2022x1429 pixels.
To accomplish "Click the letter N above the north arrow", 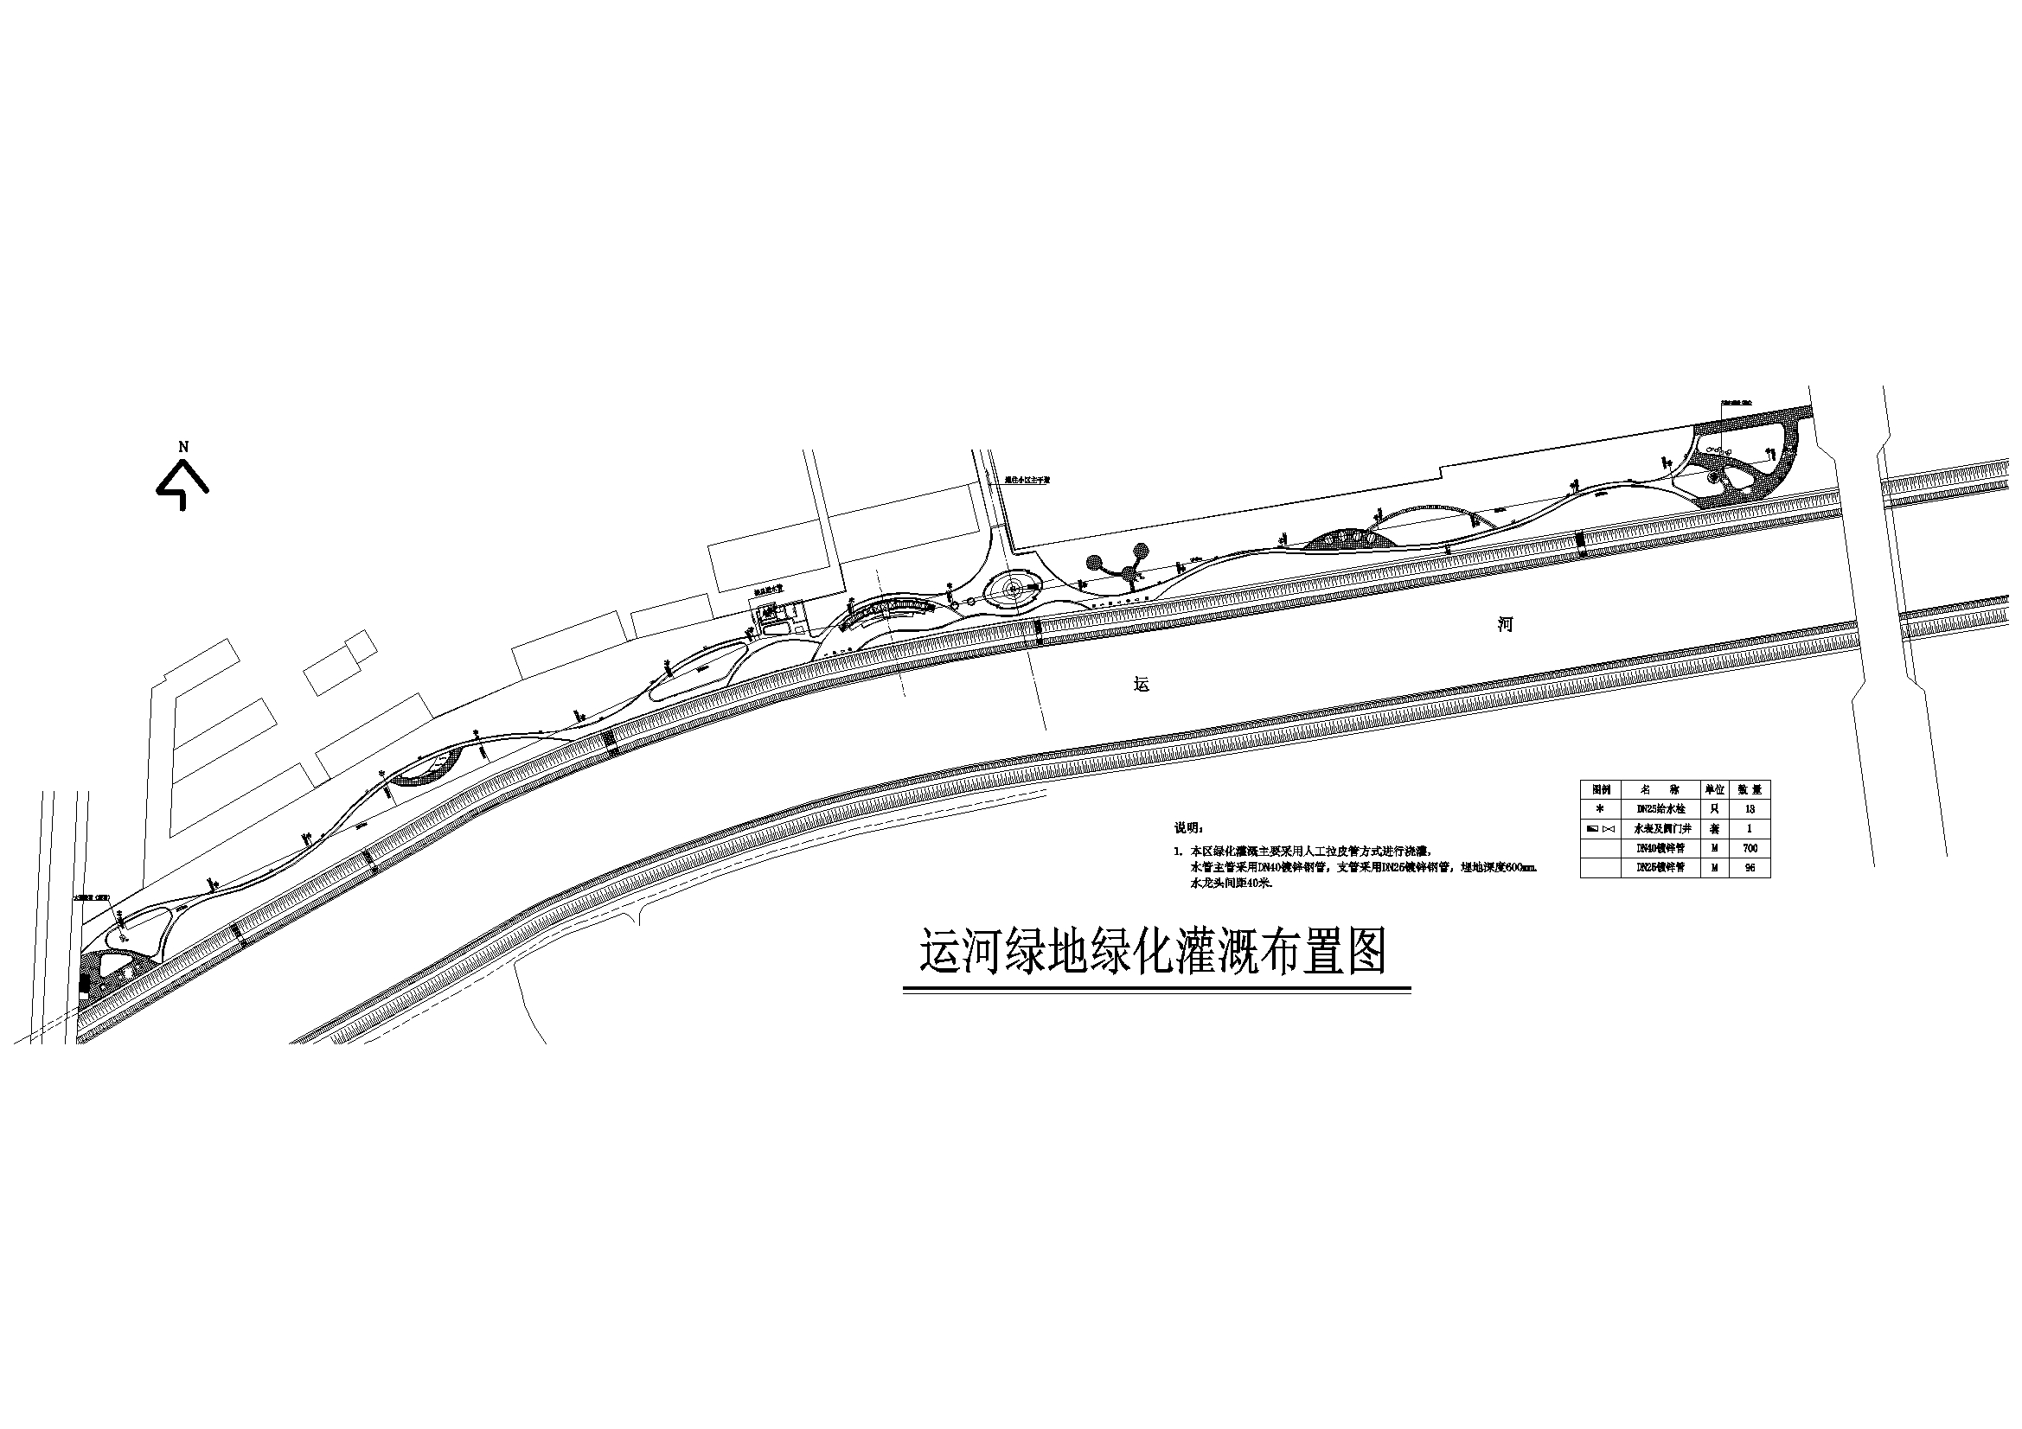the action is pyautogui.click(x=183, y=446).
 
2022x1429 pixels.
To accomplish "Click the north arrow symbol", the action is pyautogui.click(x=182, y=486).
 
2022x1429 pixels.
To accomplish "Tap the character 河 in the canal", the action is pyautogui.click(x=1506, y=625).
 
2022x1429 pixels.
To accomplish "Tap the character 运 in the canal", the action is pyautogui.click(x=1142, y=684).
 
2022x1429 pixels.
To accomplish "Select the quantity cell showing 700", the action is pyautogui.click(x=1749, y=848).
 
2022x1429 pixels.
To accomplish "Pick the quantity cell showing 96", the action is pyautogui.click(x=1749, y=867).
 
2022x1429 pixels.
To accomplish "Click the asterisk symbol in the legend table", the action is pyautogui.click(x=1600, y=809).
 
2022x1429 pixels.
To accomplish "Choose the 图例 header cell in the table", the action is pyautogui.click(x=1600, y=790).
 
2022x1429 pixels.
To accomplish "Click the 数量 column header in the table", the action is pyautogui.click(x=1749, y=790).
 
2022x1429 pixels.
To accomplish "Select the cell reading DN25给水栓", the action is pyautogui.click(x=1660, y=809).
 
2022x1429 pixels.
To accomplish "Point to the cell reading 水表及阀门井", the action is pyautogui.click(x=1660, y=828).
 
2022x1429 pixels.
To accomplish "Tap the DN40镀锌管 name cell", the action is pyautogui.click(x=1660, y=848).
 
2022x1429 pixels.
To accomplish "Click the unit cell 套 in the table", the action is pyautogui.click(x=1714, y=828).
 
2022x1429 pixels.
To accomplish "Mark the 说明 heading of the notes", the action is pyautogui.click(x=1188, y=828).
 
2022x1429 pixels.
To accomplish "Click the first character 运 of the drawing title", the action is pyautogui.click(x=941, y=952).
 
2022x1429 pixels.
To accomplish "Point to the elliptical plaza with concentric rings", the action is pyautogui.click(x=1013, y=589).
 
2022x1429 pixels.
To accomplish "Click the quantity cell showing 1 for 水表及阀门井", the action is pyautogui.click(x=1749, y=828).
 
